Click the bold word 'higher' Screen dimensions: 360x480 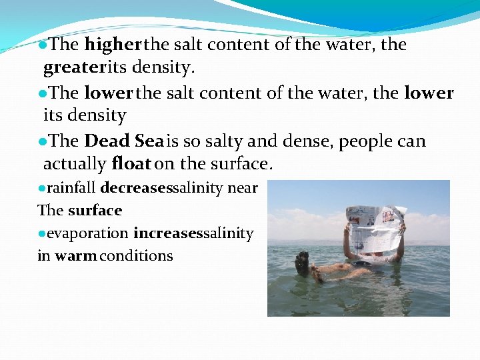(113, 45)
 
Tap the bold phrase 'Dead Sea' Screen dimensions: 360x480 (124, 141)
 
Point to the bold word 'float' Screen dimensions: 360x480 (133, 163)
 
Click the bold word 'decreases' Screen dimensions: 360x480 (136, 188)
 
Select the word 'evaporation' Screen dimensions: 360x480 (88, 233)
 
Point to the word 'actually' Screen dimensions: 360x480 (75, 163)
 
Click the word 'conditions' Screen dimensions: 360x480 (137, 256)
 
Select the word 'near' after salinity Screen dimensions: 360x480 (242, 188)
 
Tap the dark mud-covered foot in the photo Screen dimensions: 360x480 (303, 263)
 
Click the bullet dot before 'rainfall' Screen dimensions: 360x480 (41, 189)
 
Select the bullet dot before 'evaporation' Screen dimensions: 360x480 (41, 234)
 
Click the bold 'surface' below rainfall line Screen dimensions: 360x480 (95, 211)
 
